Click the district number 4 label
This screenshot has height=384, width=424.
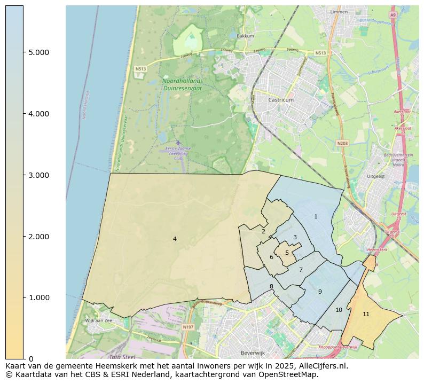pos(175,239)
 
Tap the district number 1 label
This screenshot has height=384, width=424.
pos(316,216)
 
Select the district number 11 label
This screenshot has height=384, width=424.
pos(366,314)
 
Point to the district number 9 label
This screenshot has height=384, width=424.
pos(320,292)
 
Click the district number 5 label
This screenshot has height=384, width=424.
pos(287,253)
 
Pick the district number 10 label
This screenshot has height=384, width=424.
pos(339,310)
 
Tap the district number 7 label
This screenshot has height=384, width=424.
pos(301,270)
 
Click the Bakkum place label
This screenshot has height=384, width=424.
pos(245,36)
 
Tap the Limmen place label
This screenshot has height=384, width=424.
pos(339,11)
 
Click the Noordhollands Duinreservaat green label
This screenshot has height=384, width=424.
pos(182,84)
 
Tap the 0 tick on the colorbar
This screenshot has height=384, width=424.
pos(30,359)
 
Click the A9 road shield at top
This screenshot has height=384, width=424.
pos(392,15)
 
